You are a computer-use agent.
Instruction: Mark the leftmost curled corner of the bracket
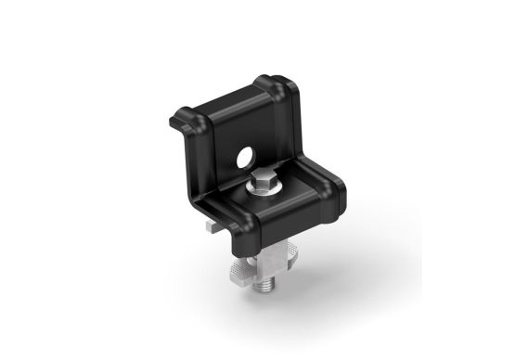(x=176, y=122)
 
